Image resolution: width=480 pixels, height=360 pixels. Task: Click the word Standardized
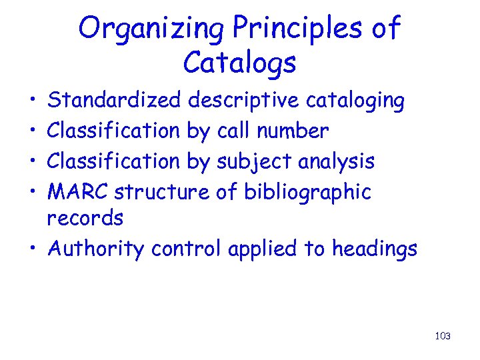(x=115, y=101)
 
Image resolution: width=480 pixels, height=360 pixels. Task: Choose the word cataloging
(x=355, y=101)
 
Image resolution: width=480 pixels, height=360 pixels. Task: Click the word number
(x=297, y=131)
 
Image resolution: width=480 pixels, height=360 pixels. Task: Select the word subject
(x=255, y=161)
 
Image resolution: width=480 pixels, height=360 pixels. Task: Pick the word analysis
(x=337, y=161)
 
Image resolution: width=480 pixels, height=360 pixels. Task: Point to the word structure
(x=162, y=192)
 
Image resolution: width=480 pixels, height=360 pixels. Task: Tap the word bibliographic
(x=307, y=192)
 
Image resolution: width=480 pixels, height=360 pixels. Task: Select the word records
(x=85, y=218)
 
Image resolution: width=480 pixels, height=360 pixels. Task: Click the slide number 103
(x=443, y=336)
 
